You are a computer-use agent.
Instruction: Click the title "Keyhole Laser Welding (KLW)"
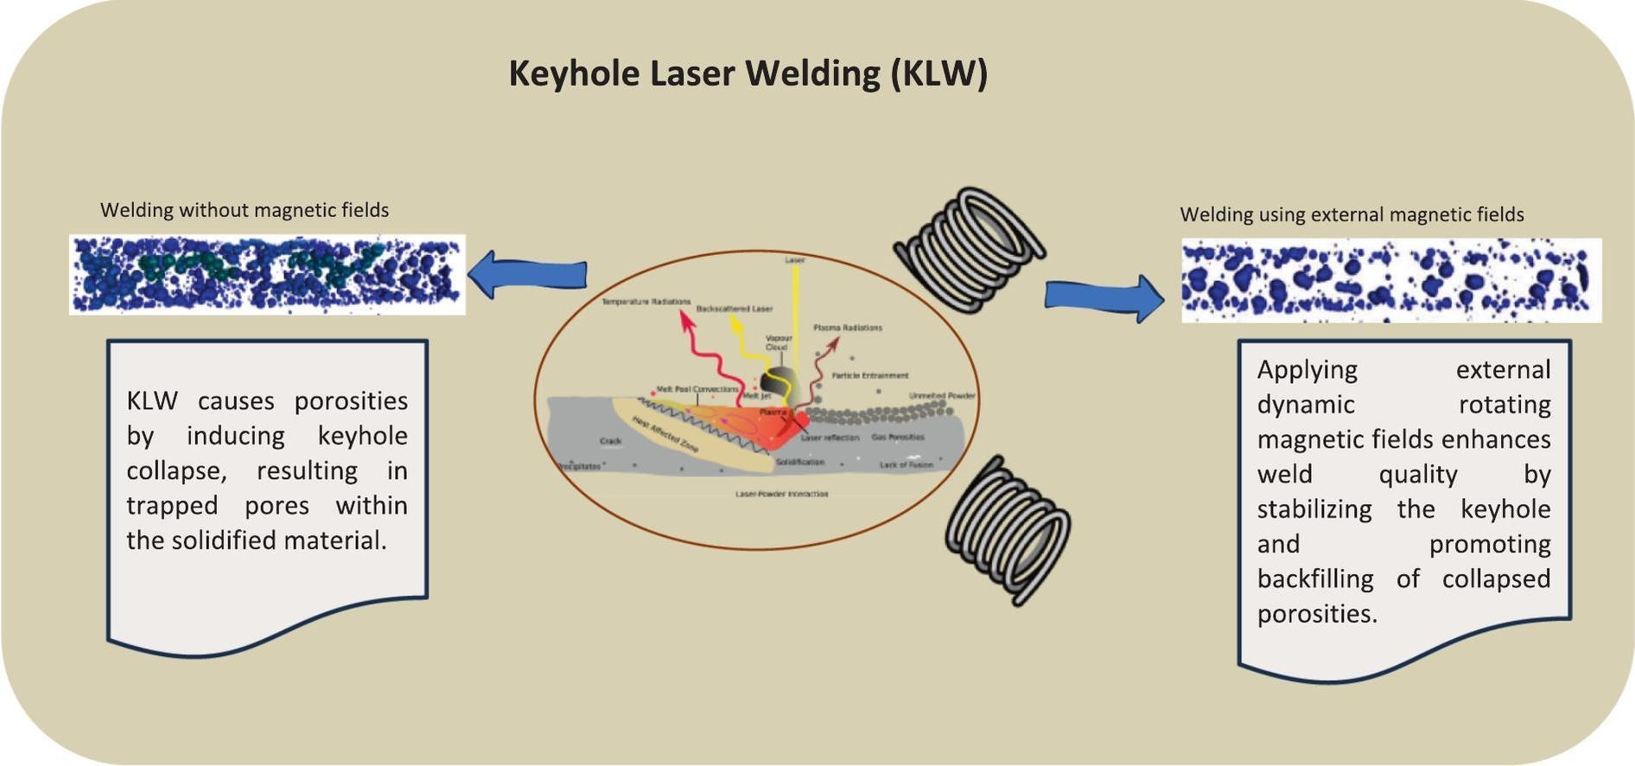tap(748, 73)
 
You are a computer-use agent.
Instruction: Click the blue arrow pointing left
tap(528, 274)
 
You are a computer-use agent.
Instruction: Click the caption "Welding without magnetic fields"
tap(245, 210)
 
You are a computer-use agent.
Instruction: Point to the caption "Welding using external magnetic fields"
tap(1352, 214)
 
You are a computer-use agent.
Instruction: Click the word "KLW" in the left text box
tap(152, 401)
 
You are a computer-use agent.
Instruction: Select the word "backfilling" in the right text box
tap(1314, 578)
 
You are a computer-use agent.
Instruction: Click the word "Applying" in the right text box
tap(1307, 369)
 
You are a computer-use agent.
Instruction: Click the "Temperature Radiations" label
tap(646, 302)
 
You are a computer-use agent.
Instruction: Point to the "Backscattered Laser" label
tap(735, 309)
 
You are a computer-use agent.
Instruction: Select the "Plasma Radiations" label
tap(848, 328)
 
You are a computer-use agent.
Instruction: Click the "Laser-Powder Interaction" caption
tap(781, 494)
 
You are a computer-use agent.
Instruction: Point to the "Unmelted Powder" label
tap(941, 395)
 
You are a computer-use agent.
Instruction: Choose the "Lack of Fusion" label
tap(906, 464)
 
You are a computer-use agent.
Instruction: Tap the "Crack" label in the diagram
tap(610, 441)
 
